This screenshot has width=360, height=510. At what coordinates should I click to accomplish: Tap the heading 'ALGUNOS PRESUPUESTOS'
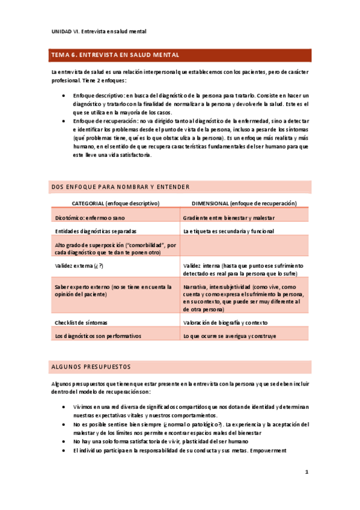click(92, 366)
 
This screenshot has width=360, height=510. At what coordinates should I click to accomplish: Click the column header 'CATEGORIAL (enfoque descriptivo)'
click(115, 204)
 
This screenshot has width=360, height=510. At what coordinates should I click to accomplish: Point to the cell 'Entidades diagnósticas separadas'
click(96, 231)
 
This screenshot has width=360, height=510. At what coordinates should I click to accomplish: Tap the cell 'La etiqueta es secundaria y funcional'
click(229, 231)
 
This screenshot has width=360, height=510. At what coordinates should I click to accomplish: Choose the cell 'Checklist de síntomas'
click(82, 323)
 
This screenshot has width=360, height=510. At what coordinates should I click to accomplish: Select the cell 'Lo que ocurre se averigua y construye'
click(230, 336)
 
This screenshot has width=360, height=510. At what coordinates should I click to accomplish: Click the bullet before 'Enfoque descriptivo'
click(64, 96)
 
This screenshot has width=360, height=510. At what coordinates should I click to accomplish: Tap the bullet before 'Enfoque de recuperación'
click(64, 120)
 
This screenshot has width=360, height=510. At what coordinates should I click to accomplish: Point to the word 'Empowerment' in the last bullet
click(268, 450)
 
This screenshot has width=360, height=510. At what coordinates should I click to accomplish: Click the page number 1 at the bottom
click(307, 473)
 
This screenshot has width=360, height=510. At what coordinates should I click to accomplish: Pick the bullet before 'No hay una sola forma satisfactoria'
click(64, 441)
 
